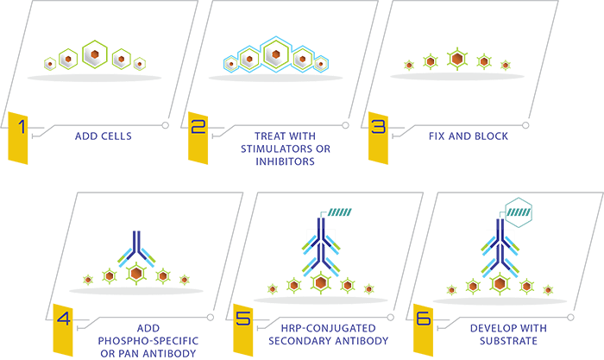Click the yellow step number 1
click(x=18, y=138)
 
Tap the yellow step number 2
click(x=198, y=138)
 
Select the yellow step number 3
click(x=378, y=138)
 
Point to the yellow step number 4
click(x=63, y=330)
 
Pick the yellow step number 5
click(x=243, y=330)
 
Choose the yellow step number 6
click(x=423, y=330)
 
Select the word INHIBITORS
click(x=285, y=161)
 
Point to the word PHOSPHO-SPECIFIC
click(x=148, y=341)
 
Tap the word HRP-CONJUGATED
click(x=328, y=328)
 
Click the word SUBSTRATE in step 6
click(x=508, y=341)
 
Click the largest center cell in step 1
click(x=95, y=54)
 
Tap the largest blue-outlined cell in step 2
click(x=275, y=54)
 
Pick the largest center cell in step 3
click(x=457, y=59)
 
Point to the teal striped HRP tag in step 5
click(x=339, y=212)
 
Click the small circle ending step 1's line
click(x=166, y=125)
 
